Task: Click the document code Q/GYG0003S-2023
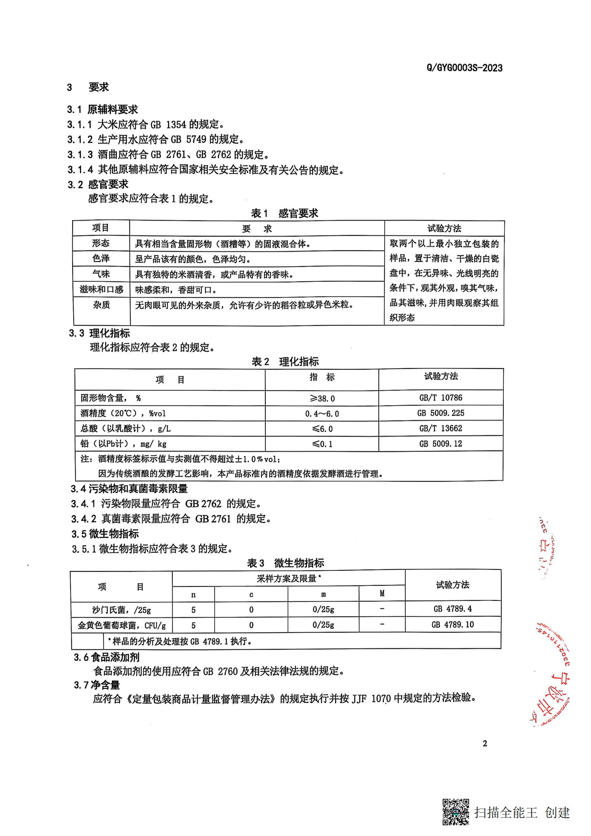point(464,68)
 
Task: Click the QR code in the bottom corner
point(455,812)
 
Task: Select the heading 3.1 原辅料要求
point(102,109)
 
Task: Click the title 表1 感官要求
point(284,213)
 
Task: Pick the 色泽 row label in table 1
point(101,258)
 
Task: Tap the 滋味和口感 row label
point(101,290)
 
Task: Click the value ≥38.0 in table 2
point(322,398)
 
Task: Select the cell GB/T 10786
point(440,397)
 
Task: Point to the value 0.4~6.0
point(322,414)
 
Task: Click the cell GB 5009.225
point(440,413)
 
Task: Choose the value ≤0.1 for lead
point(322,444)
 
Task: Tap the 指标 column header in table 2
point(322,377)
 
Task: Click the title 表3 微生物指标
point(285,563)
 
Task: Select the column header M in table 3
point(382,594)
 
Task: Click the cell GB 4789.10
point(453,624)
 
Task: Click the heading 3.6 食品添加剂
point(106,657)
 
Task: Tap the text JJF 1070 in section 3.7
point(371,699)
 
